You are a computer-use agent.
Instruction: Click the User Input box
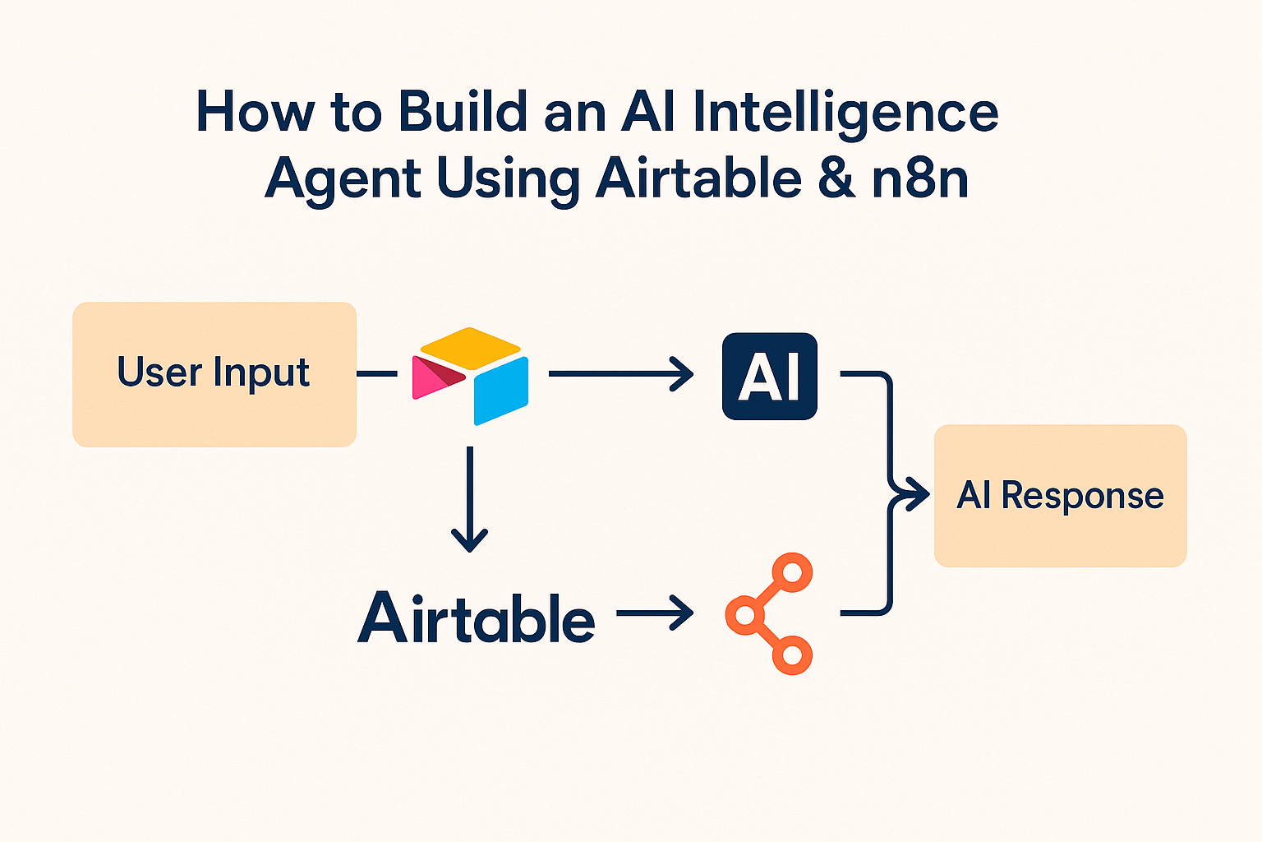pyautogui.click(x=214, y=374)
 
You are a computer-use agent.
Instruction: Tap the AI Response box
pyautogui.click(x=1060, y=496)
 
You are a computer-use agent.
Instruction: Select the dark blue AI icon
pyautogui.click(x=769, y=377)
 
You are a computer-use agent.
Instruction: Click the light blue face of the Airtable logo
pyautogui.click(x=501, y=390)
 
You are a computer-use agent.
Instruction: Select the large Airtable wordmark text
pyautogui.click(x=477, y=618)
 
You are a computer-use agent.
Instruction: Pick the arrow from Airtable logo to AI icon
pyautogui.click(x=620, y=374)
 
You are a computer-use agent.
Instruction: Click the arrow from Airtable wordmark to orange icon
pyautogui.click(x=655, y=613)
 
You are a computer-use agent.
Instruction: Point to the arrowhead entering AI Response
pyautogui.click(x=914, y=496)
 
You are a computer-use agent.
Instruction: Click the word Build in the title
pyautogui.click(x=462, y=112)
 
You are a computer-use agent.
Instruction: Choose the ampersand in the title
pyautogui.click(x=836, y=179)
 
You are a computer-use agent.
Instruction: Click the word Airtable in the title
pyautogui.click(x=698, y=178)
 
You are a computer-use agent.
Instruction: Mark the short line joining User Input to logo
pyautogui.click(x=377, y=374)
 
